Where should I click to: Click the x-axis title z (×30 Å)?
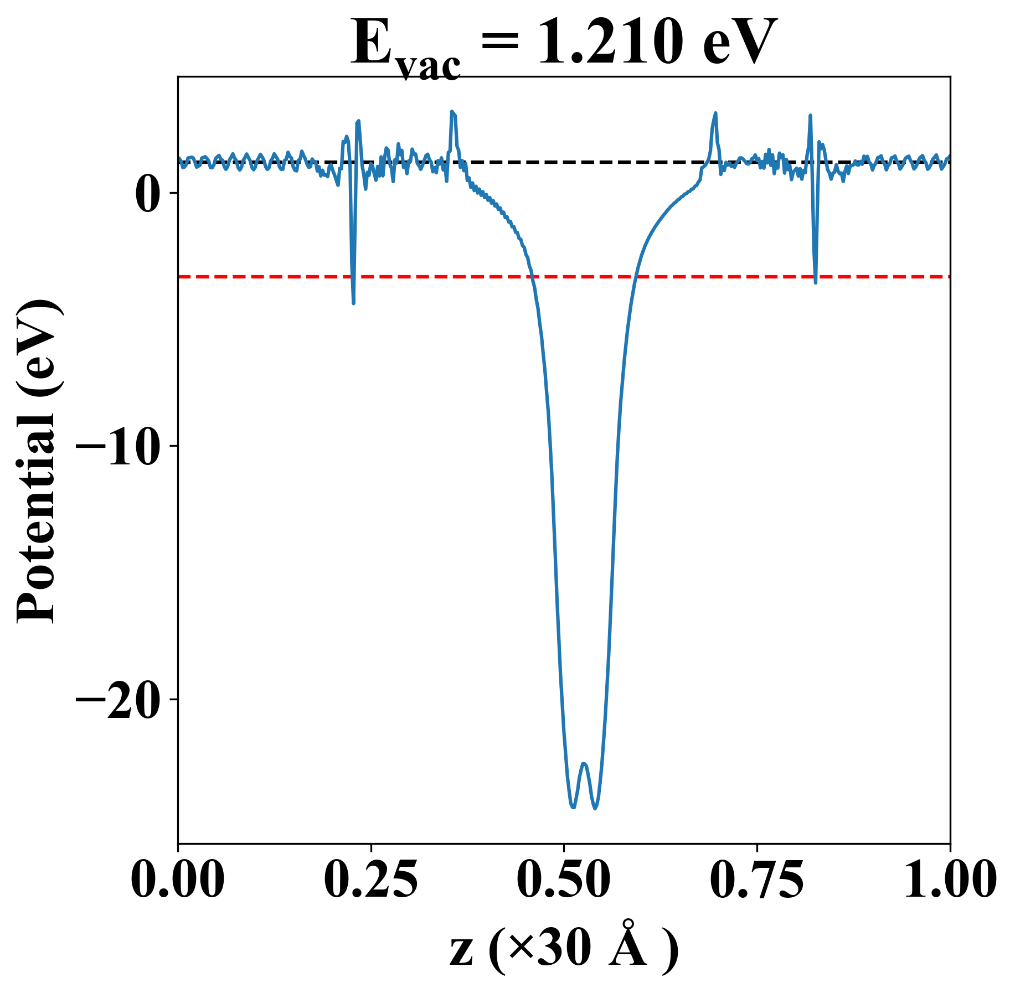564,950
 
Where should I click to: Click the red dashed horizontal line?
443,276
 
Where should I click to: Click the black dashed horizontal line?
554,162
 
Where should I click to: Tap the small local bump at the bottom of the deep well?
584,764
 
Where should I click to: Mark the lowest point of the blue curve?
595,809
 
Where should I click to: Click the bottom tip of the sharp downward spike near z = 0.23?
353,303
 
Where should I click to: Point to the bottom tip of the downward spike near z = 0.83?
816,282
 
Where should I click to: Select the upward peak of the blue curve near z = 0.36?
452,112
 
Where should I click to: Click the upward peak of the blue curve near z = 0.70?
715,113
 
